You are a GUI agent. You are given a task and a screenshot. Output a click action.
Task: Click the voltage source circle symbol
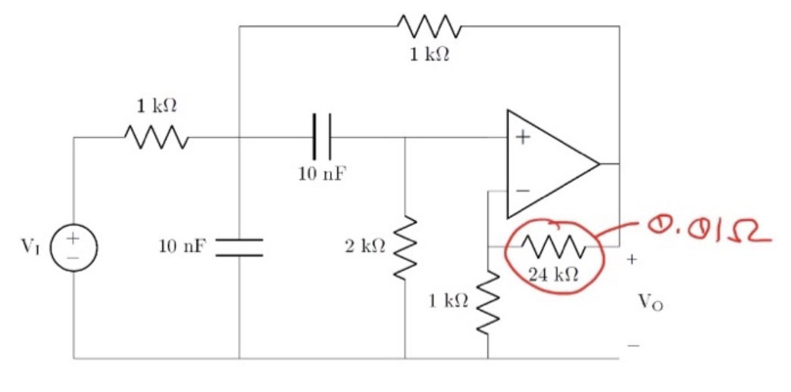(x=73, y=247)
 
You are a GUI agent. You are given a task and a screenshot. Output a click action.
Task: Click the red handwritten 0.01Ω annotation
(x=708, y=228)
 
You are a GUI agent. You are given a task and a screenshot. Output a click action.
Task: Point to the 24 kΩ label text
(x=554, y=275)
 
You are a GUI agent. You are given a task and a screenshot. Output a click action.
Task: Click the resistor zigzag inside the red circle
(x=555, y=246)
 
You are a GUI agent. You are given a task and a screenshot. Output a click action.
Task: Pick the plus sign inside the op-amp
(x=523, y=138)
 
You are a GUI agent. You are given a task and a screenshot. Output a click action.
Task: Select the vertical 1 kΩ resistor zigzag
(x=487, y=302)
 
